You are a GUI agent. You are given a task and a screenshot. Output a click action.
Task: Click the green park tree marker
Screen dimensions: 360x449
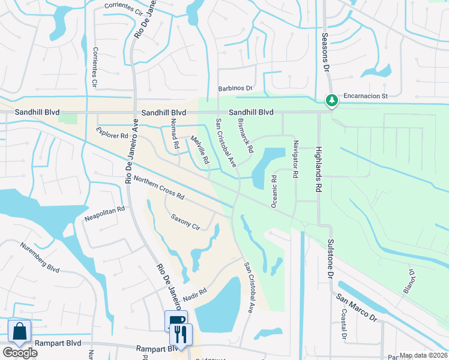pyautogui.click(x=330, y=100)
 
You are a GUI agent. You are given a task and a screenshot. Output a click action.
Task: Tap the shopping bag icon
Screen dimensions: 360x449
pyautogui.click(x=19, y=331)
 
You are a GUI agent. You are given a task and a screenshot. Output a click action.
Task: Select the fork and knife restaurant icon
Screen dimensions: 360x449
pyautogui.click(x=181, y=334)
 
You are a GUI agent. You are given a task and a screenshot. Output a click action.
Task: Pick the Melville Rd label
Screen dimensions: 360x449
pyautogui.click(x=199, y=150)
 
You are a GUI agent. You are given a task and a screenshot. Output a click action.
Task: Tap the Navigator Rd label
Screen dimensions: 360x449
pyautogui.click(x=295, y=159)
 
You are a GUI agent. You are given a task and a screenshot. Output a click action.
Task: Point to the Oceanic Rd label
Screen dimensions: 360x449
pyautogui.click(x=274, y=191)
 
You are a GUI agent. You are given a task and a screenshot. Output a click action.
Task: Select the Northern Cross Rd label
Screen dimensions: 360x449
pyautogui.click(x=159, y=188)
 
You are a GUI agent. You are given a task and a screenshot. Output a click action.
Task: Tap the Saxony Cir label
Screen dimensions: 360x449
pyautogui.click(x=185, y=221)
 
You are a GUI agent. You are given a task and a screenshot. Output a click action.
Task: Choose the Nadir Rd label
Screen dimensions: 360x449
pyautogui.click(x=195, y=295)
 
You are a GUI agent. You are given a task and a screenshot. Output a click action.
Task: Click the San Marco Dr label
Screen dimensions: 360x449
pyautogui.click(x=356, y=305)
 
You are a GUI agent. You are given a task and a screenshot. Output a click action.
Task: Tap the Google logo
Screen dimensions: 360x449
pyautogui.click(x=20, y=353)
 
